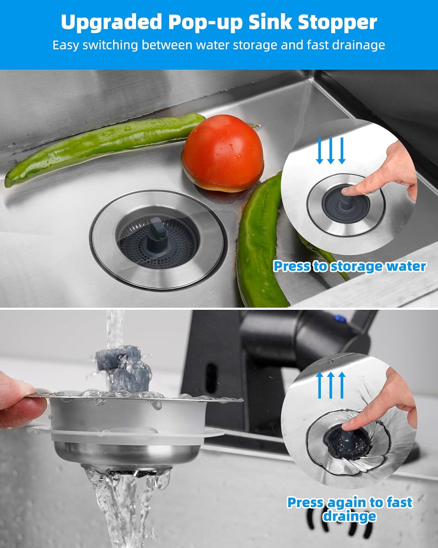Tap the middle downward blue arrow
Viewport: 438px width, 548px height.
(x=331, y=151)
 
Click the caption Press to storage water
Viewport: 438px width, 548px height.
(x=349, y=266)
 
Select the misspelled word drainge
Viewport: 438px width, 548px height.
(x=349, y=516)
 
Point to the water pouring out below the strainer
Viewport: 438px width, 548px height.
(x=120, y=504)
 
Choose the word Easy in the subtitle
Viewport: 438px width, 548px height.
(x=66, y=45)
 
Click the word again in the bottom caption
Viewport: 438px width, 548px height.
(x=347, y=502)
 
